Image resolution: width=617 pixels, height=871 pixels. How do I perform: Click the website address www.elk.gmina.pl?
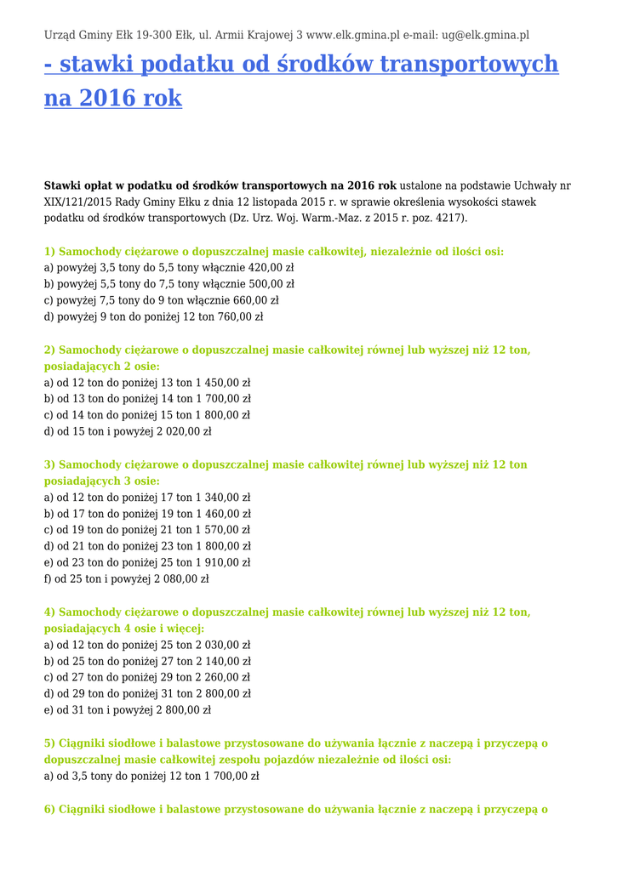352,35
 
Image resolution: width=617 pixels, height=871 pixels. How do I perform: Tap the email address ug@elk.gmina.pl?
485,35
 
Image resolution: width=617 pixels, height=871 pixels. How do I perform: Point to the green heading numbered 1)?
274,252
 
